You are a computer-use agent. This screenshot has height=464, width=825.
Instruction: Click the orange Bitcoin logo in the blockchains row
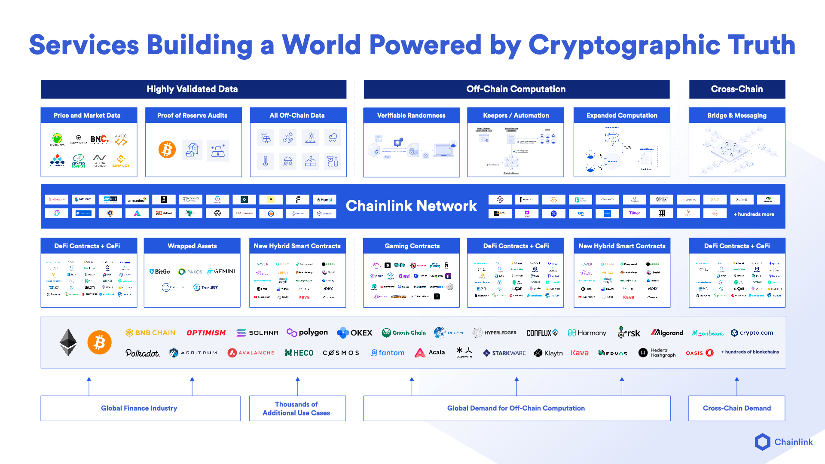pos(99,342)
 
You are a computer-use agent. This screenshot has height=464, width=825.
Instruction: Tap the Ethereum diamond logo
pos(68,342)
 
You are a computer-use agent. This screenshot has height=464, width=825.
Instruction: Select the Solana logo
pos(257,333)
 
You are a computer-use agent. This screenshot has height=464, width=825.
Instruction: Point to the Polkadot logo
pos(142,353)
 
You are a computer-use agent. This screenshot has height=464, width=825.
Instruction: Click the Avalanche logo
pos(251,353)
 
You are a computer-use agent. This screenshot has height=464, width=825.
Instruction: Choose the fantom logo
pos(388,353)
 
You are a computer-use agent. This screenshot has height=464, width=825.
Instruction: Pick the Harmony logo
pos(587,333)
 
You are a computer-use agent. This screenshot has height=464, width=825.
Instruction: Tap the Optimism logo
pos(206,333)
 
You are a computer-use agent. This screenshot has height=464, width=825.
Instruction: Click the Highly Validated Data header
pos(193,89)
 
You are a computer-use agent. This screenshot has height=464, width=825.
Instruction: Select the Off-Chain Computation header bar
pos(516,89)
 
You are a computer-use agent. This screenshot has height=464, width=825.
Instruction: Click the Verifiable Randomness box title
pos(411,115)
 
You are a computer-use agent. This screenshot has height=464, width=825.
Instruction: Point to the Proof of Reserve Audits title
pos(192,115)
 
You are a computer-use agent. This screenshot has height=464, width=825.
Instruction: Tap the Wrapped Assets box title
pos(192,246)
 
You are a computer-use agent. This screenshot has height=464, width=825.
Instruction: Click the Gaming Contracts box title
pos(412,246)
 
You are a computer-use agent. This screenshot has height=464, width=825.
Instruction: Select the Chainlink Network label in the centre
pos(411,206)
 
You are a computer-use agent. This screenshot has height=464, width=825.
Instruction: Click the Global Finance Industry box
pos(140,408)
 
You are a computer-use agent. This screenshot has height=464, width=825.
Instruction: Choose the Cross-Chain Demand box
pos(736,408)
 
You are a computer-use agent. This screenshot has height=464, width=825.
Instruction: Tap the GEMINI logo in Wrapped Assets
pos(221,272)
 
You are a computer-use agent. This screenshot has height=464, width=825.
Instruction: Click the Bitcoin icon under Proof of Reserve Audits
pos(167,150)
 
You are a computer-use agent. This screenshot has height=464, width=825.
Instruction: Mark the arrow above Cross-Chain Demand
pos(736,385)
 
